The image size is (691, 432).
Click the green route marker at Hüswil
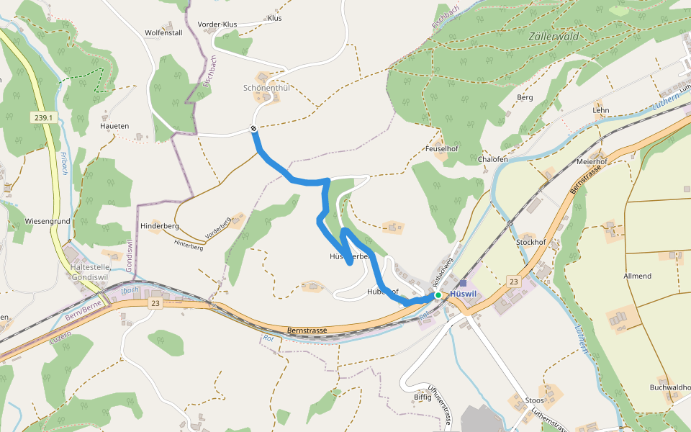(438, 295)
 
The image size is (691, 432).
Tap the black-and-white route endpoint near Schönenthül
(254, 129)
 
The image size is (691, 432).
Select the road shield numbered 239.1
(43, 117)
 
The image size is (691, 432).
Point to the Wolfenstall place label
(163, 32)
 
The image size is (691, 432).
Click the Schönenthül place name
(266, 88)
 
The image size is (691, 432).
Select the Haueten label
(114, 126)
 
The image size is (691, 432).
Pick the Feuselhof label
(442, 148)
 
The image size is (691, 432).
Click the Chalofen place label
(493, 159)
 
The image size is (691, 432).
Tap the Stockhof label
(531, 242)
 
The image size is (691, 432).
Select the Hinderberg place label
(160, 225)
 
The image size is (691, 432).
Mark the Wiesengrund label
(47, 221)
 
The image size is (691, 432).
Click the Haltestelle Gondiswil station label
(91, 272)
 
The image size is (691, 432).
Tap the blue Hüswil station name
(464, 294)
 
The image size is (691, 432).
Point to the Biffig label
(423, 397)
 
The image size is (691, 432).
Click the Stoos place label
(535, 400)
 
